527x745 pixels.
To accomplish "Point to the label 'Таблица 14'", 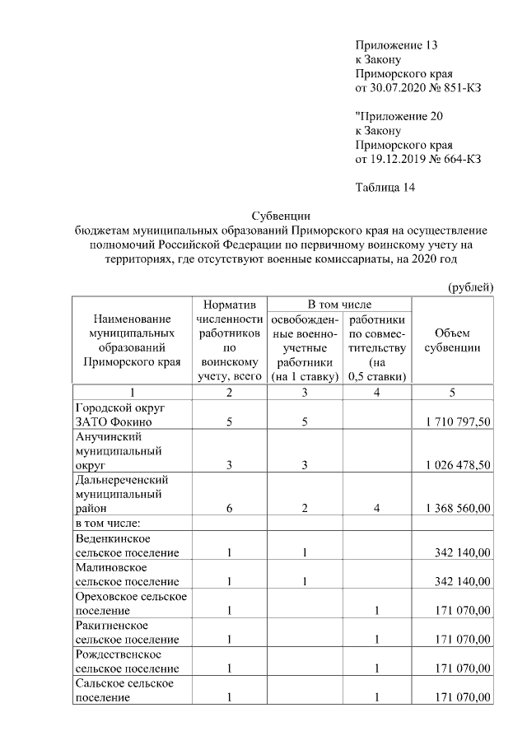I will click(x=385, y=187).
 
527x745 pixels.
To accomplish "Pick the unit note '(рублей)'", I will click(x=470, y=287).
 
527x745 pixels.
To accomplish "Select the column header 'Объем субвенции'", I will click(x=452, y=340).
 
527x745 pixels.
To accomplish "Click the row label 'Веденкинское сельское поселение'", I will click(x=127, y=545).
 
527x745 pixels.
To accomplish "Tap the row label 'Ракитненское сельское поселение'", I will click(x=127, y=632).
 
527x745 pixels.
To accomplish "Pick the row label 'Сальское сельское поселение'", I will click(x=127, y=691).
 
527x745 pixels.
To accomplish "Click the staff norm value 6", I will click(x=229, y=509).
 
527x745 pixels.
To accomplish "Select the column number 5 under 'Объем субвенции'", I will click(x=451, y=393).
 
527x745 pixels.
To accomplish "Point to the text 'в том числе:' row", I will click(x=108, y=523).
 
